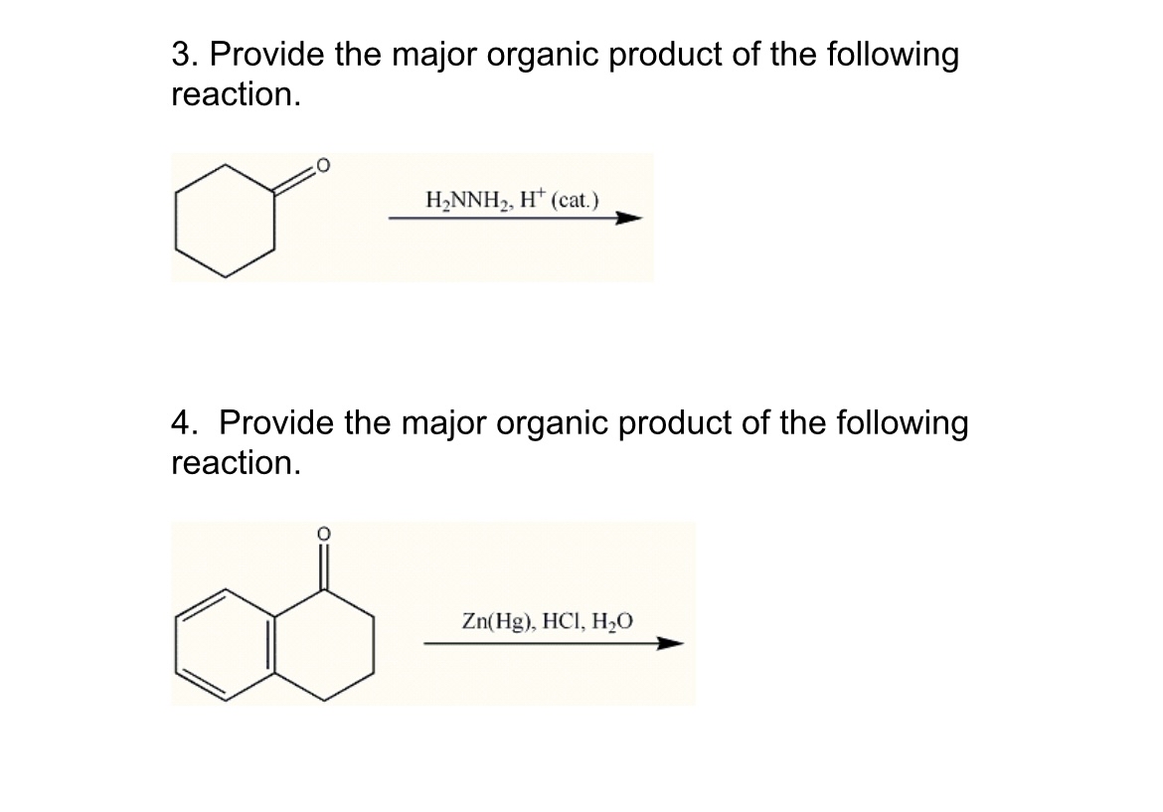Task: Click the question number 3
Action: point(181,55)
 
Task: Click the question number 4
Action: point(181,423)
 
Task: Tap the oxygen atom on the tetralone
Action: point(322,535)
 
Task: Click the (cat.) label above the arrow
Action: point(577,199)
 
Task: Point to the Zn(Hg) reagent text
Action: point(496,623)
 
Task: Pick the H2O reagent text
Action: point(610,623)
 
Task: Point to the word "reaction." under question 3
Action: point(235,95)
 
